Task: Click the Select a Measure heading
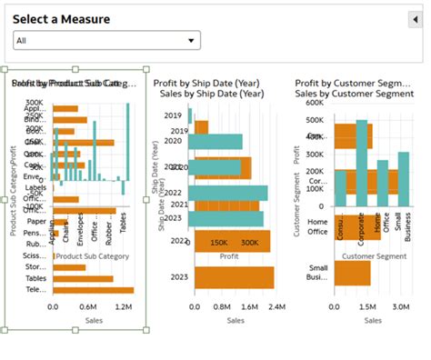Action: [x=61, y=19]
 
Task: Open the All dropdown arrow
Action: [x=191, y=40]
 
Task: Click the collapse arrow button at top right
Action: [x=416, y=19]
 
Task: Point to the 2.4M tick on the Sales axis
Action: [x=276, y=307]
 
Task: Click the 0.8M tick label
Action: [x=220, y=307]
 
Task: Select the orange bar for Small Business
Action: [x=352, y=273]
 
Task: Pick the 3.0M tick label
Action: [x=401, y=307]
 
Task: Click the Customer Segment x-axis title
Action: [x=372, y=256]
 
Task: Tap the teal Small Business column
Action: [x=403, y=179]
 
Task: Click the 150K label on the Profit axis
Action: [x=219, y=243]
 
